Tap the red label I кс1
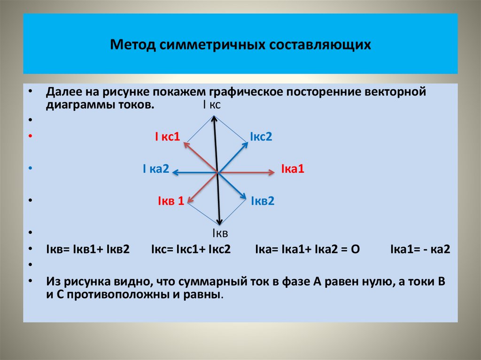coord(168,137)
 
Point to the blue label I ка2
coord(156,169)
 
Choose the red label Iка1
coord(293,169)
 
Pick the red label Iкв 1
coord(170,201)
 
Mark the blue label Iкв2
coord(262,201)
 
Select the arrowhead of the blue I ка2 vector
coord(174,173)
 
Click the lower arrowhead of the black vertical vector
coord(219,223)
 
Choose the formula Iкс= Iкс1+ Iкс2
coord(191,249)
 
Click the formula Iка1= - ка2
coord(420,249)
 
